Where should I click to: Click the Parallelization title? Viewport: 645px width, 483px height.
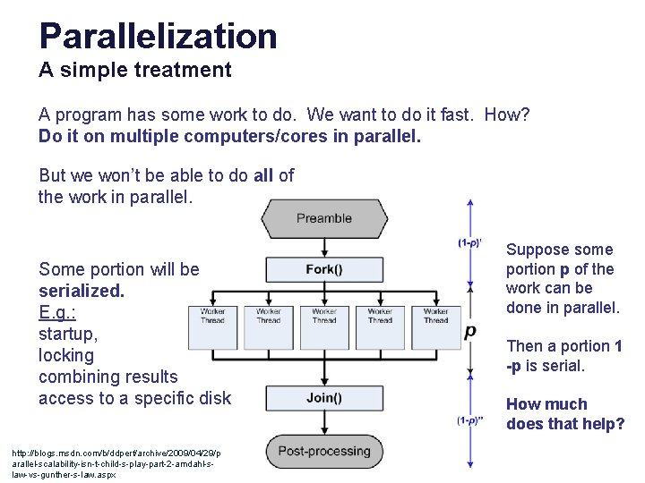tap(158, 36)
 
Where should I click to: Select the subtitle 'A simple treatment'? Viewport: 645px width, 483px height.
tap(135, 69)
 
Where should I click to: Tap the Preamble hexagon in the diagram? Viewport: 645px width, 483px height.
tap(324, 218)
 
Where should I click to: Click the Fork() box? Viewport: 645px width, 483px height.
tap(324, 270)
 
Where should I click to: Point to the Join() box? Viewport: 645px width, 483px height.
tap(324, 398)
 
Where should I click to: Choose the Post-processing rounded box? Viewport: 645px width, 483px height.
tap(324, 452)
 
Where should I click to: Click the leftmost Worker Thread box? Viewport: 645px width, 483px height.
tap(213, 327)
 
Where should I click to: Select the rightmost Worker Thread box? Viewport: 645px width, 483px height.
tap(435, 327)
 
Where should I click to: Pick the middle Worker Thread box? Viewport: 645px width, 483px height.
tap(324, 327)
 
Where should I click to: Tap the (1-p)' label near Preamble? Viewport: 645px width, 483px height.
tap(470, 243)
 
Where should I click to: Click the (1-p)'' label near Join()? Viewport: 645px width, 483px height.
tap(470, 420)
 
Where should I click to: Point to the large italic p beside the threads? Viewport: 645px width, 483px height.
tap(470, 332)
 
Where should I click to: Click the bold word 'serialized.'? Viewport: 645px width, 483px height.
tap(82, 291)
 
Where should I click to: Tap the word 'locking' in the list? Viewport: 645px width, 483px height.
tap(66, 355)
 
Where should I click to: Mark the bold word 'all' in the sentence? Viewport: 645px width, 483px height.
tap(263, 175)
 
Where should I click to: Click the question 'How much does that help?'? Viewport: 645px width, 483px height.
tap(565, 413)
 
